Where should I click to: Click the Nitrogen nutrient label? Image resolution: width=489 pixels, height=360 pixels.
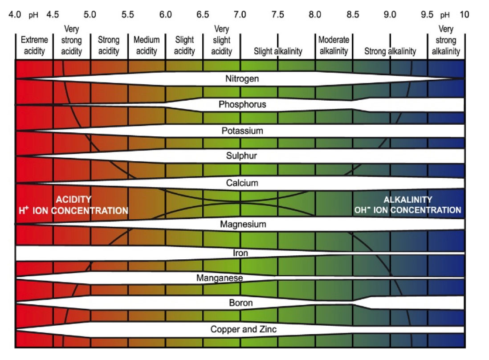(x=242, y=79)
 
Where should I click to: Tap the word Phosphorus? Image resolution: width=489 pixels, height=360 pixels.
(x=242, y=105)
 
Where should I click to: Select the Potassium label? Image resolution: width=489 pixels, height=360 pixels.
(x=242, y=131)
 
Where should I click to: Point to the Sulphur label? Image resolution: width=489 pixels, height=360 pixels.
(x=242, y=156)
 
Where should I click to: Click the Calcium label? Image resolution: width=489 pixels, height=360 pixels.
(x=242, y=183)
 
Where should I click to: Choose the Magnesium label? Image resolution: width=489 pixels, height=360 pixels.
(x=243, y=224)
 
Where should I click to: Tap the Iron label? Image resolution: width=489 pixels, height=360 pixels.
(x=240, y=253)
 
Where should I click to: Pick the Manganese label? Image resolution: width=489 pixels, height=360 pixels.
(x=220, y=278)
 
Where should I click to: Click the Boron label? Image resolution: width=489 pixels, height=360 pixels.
(x=241, y=303)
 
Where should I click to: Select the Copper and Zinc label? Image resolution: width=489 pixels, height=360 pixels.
(x=244, y=330)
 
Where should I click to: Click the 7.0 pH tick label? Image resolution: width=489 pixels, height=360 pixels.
(x=240, y=15)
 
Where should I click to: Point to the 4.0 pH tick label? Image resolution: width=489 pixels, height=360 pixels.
(x=15, y=15)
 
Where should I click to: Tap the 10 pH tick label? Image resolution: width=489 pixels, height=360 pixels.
(x=464, y=15)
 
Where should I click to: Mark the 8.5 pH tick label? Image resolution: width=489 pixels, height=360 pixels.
(x=353, y=15)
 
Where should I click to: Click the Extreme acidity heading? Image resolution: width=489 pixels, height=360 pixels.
(x=34, y=45)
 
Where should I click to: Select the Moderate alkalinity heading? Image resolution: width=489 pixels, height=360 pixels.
(x=334, y=45)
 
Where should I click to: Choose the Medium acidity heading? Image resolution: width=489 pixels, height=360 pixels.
(x=147, y=45)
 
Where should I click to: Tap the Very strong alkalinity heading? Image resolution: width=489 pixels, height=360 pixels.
(x=446, y=41)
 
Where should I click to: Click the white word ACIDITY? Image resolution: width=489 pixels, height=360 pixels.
(x=73, y=200)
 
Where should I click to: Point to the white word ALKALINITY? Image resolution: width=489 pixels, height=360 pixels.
(x=408, y=200)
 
